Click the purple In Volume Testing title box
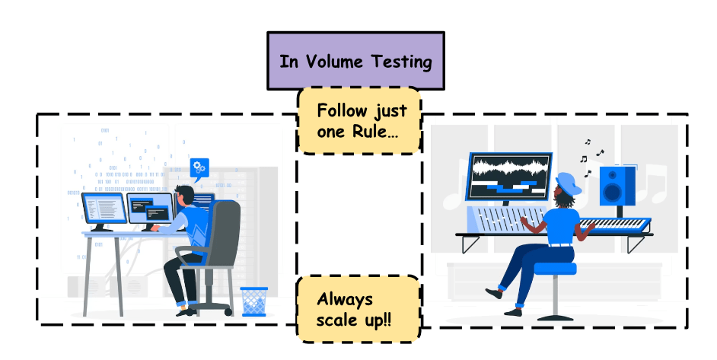click(355, 61)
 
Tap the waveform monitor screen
click(508, 176)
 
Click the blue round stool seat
click(555, 268)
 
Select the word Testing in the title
click(400, 62)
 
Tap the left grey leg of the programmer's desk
click(89, 275)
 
